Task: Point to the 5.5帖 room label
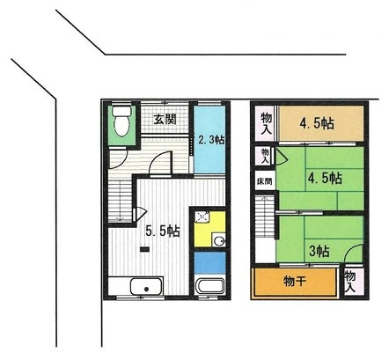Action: pos(163,231)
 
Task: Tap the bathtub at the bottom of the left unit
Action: pos(209,287)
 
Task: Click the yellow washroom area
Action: pos(209,228)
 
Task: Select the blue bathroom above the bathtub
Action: pos(209,262)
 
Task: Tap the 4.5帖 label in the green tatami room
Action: pos(324,178)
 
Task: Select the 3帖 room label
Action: pos(319,250)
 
